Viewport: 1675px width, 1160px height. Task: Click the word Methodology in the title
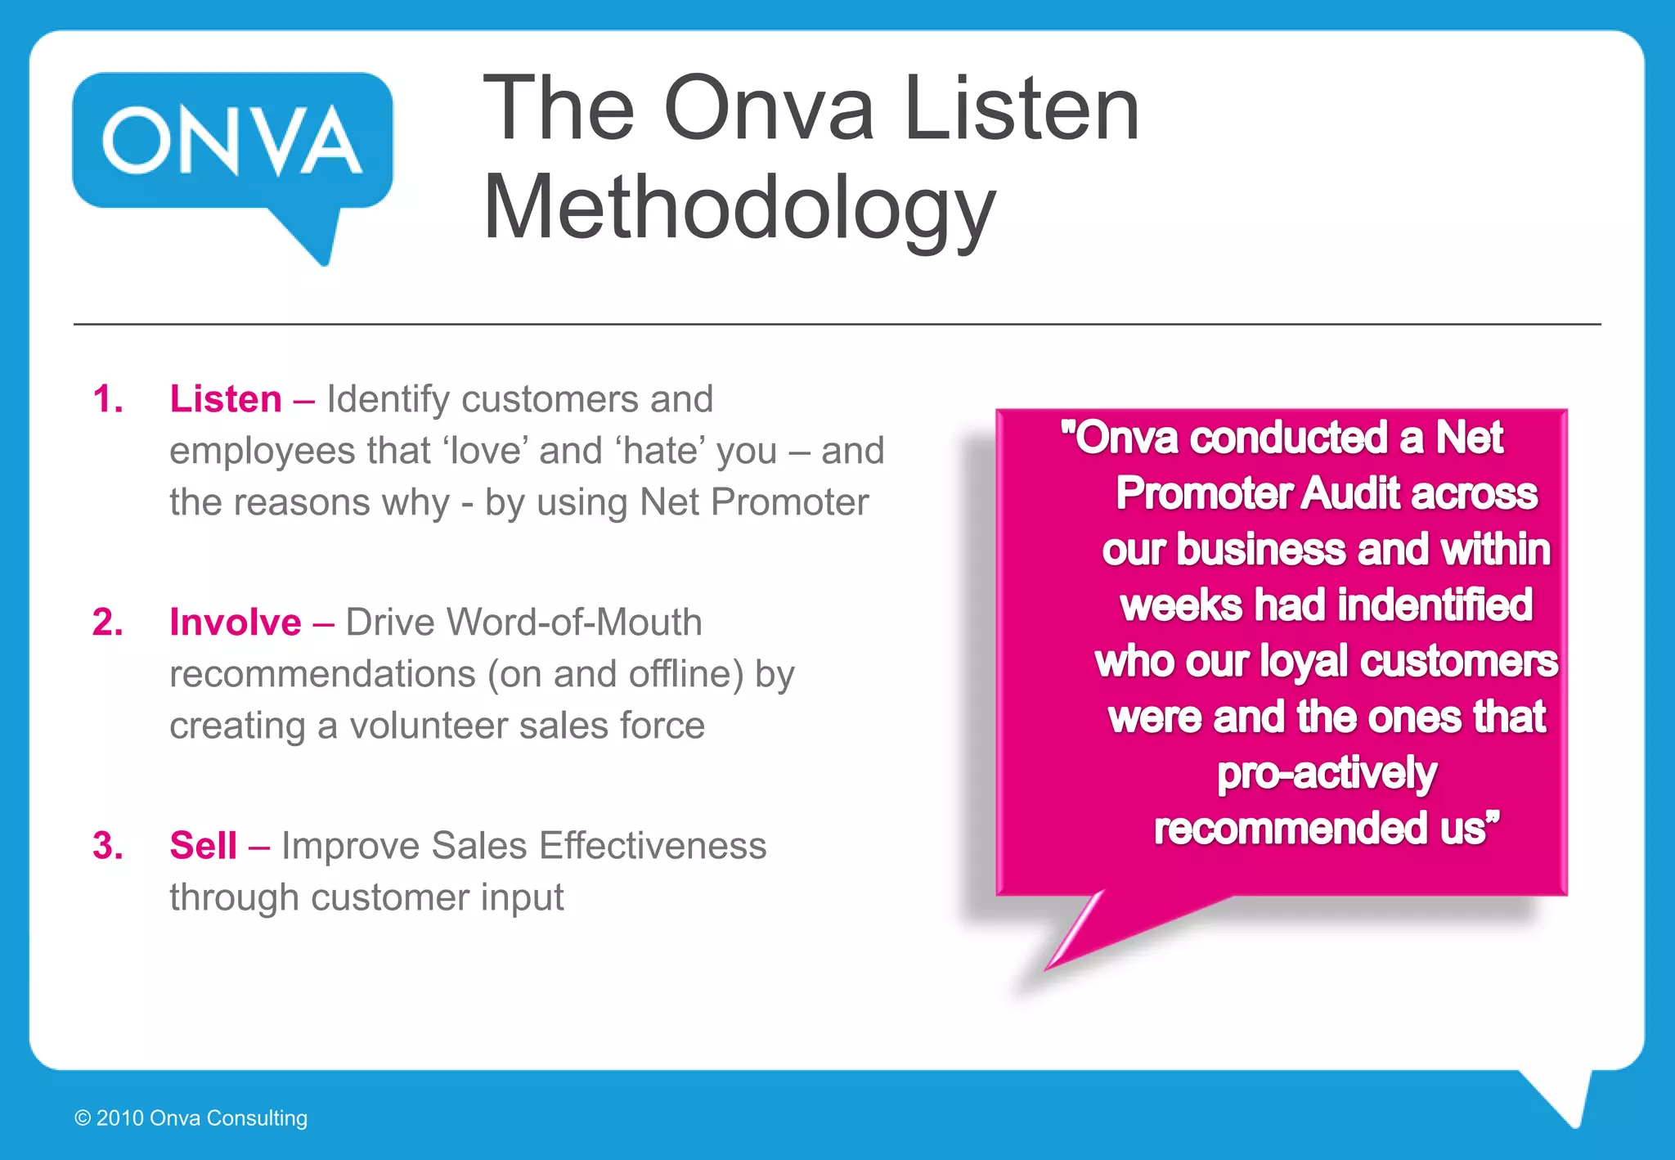point(739,208)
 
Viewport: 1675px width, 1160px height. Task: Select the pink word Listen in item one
point(226,400)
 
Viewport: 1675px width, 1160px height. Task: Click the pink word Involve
point(236,623)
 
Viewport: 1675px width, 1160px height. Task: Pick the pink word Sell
point(203,846)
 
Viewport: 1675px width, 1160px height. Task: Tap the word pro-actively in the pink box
point(1327,773)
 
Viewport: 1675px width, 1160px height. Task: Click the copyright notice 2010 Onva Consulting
point(191,1118)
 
